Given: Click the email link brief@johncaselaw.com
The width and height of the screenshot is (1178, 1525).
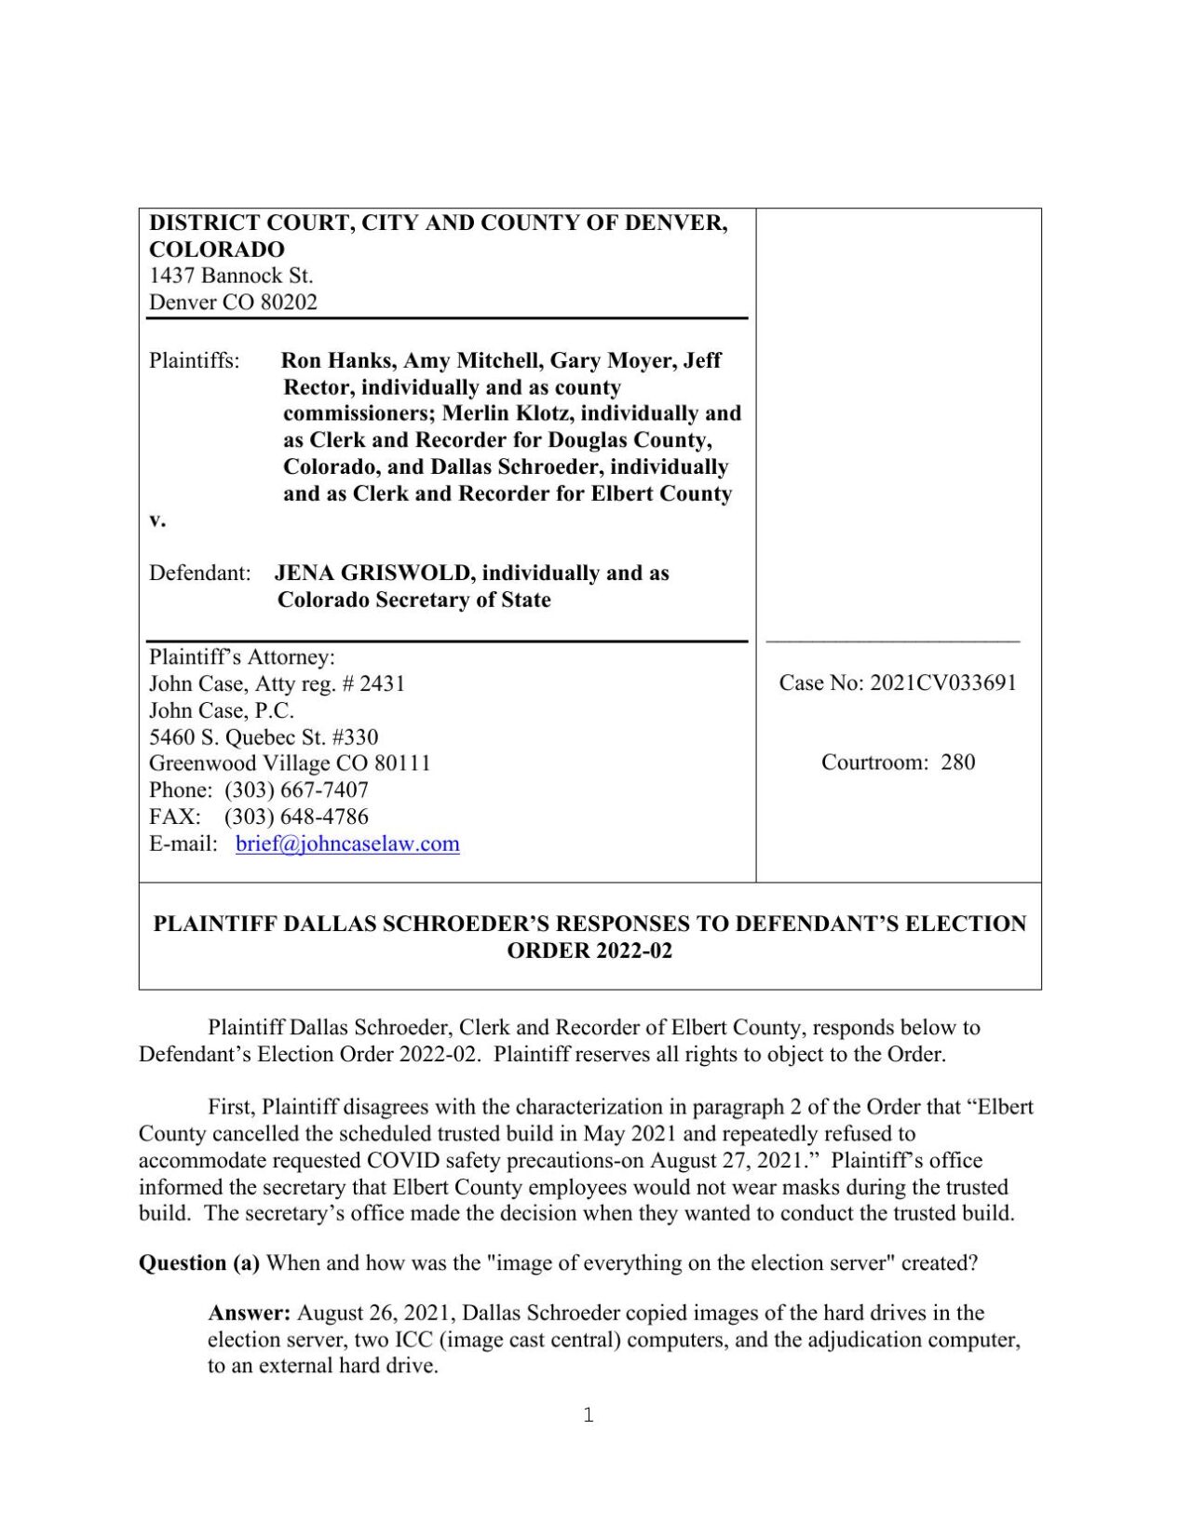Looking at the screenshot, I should click(347, 843).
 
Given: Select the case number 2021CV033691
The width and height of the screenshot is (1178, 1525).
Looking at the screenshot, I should click(942, 682).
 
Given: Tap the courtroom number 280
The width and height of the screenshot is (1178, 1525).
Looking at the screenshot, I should click(957, 762).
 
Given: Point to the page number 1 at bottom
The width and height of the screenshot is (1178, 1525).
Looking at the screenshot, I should click(588, 1415).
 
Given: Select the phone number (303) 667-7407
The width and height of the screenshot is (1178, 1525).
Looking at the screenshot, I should click(296, 789).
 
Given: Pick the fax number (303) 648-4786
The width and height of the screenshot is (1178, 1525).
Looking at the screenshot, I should click(296, 816).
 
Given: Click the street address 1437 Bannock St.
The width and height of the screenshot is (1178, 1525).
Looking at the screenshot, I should click(231, 276).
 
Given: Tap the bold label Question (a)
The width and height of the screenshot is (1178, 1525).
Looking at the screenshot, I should click(198, 1262).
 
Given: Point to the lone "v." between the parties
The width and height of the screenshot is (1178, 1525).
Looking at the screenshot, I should click(157, 520).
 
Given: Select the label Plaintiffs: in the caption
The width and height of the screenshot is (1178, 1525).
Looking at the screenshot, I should click(194, 360).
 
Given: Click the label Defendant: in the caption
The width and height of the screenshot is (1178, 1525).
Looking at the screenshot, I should click(199, 573).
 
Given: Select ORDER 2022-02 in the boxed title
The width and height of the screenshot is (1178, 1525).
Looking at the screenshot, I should click(589, 951).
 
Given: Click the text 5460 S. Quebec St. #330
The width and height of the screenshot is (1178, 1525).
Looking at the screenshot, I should click(264, 737).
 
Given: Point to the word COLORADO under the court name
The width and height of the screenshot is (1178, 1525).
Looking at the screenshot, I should click(217, 250).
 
